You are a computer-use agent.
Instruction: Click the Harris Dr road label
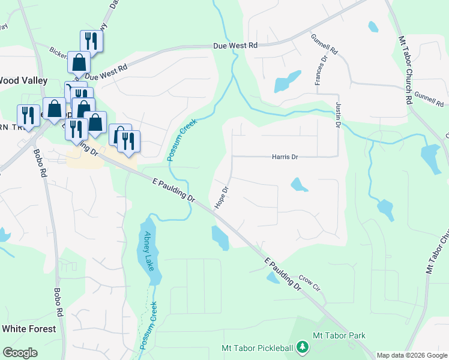[285, 157]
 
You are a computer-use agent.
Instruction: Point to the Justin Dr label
[337, 115]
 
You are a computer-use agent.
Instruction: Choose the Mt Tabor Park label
[339, 335]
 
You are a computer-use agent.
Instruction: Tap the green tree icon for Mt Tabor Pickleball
[303, 347]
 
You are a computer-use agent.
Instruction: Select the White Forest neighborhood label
[29, 329]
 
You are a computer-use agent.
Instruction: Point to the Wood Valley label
[23, 80]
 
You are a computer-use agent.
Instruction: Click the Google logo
[20, 352]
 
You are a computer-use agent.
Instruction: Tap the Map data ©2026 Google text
[411, 355]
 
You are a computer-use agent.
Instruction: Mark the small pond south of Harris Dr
[299, 185]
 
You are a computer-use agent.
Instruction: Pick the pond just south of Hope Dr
[220, 238]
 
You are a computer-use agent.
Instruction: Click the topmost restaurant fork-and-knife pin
[91, 41]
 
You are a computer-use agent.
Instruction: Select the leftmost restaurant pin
[28, 115]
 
